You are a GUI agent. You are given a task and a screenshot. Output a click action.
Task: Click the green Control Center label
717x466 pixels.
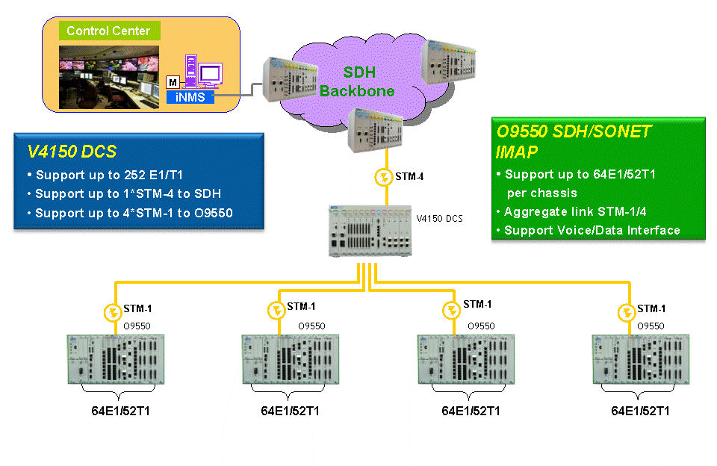coord(109,31)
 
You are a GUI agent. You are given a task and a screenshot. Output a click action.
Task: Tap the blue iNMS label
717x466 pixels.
coord(190,97)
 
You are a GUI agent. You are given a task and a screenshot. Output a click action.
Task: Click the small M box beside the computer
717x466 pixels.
coord(173,82)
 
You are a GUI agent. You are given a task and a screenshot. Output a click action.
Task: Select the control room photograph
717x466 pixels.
coord(109,77)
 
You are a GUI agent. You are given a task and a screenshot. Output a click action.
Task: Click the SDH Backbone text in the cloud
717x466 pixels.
coord(358,81)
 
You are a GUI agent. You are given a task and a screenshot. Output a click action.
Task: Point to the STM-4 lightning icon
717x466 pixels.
coord(383,177)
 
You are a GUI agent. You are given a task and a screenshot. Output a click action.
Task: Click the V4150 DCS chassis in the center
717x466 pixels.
coord(370,231)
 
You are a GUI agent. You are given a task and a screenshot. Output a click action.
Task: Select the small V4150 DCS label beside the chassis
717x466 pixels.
coord(439,219)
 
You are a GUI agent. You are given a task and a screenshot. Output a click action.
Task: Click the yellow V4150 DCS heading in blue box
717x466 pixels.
coord(72,152)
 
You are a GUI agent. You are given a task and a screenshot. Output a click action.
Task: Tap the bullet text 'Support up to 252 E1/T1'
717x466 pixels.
coord(109,175)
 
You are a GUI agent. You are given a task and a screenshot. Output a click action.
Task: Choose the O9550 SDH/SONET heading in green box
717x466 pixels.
coord(574,141)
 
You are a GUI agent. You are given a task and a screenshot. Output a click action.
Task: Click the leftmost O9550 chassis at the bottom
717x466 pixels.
coord(116,359)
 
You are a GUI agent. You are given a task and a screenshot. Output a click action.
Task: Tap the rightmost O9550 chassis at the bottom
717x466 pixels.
coord(641,359)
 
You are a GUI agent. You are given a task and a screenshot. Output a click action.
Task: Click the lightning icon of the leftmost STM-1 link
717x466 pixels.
coord(113,313)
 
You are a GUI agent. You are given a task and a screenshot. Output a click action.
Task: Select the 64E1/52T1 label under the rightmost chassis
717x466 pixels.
coord(640,411)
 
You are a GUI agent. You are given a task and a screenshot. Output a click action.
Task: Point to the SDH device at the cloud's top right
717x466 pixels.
coord(449,62)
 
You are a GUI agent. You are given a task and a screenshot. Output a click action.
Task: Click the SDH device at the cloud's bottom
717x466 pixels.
coord(375,131)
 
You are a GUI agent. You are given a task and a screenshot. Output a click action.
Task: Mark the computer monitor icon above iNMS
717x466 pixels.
coord(211,75)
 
